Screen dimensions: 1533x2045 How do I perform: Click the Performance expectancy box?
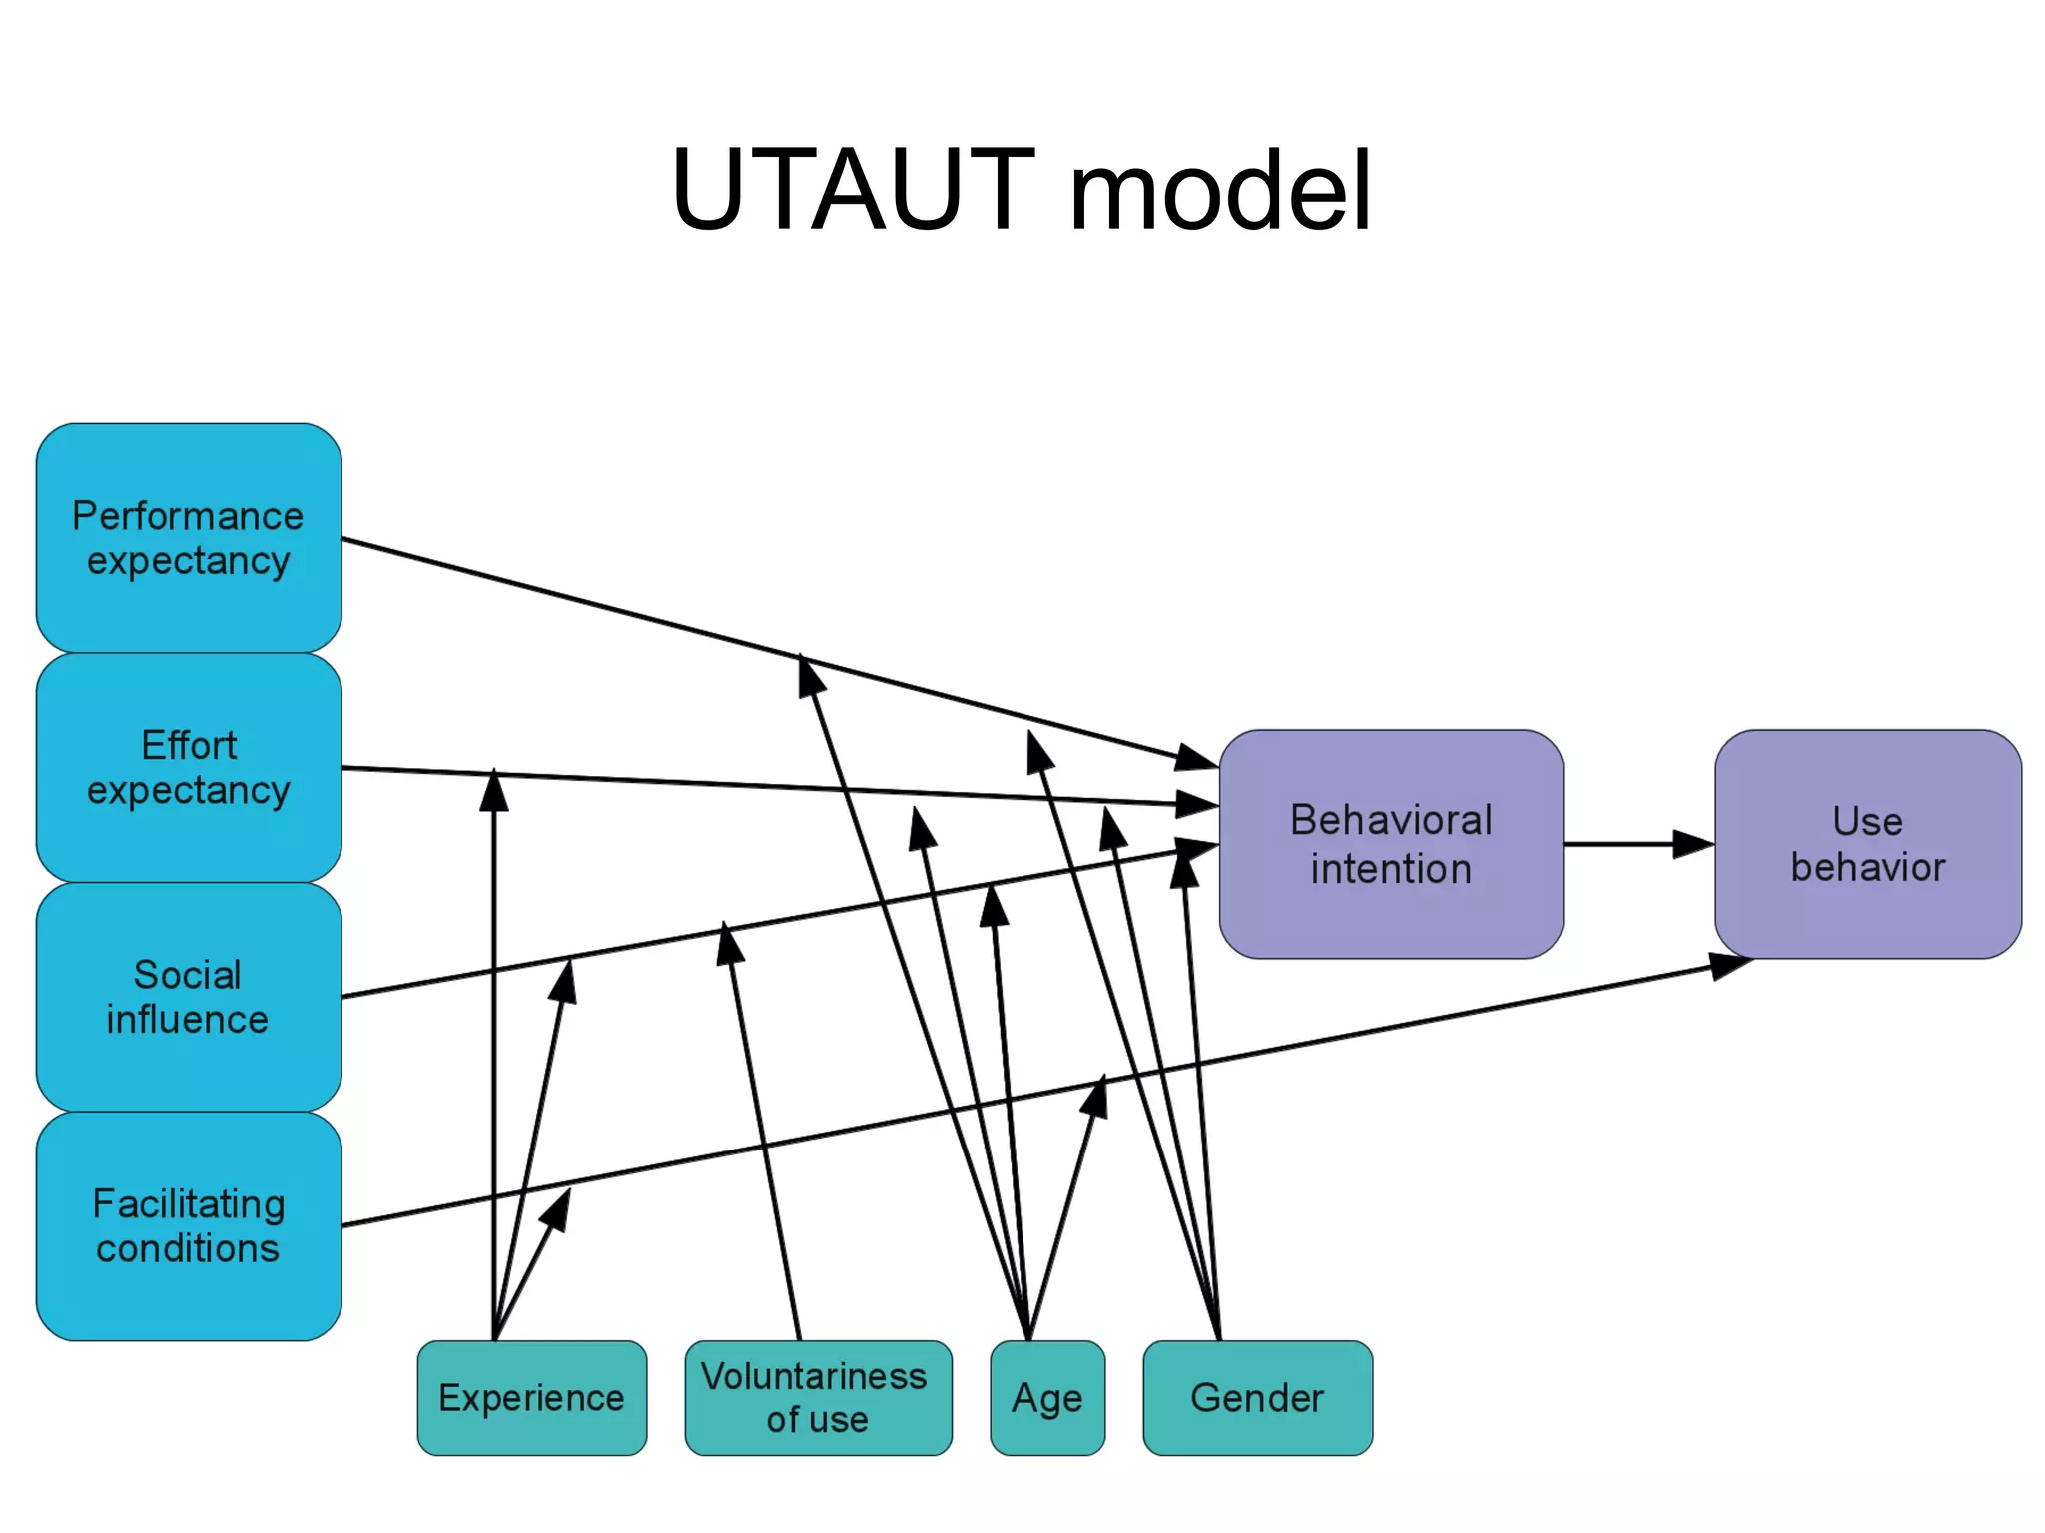(189, 538)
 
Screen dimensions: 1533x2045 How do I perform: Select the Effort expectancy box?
(189, 767)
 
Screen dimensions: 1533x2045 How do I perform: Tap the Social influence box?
(189, 996)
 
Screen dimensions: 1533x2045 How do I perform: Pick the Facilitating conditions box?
(189, 1225)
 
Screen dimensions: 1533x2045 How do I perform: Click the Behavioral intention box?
(1390, 844)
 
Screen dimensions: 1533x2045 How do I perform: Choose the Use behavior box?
(1867, 844)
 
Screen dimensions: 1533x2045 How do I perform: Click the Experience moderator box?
(531, 1397)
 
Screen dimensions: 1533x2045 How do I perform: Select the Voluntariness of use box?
(817, 1397)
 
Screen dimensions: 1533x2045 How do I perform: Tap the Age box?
(1046, 1397)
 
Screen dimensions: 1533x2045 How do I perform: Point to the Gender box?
(1256, 1397)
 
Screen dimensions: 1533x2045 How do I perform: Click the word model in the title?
(1220, 190)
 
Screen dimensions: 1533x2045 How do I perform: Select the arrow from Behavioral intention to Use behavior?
(1638, 844)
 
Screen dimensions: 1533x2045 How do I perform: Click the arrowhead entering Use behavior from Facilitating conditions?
(1729, 965)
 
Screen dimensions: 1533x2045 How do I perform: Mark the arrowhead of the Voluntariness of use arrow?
(729, 942)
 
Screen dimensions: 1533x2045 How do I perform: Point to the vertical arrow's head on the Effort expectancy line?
(494, 790)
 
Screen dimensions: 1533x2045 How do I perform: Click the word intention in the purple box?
(1390, 869)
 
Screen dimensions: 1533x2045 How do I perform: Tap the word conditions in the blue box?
(188, 1248)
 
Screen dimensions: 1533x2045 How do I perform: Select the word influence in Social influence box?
(188, 1020)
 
